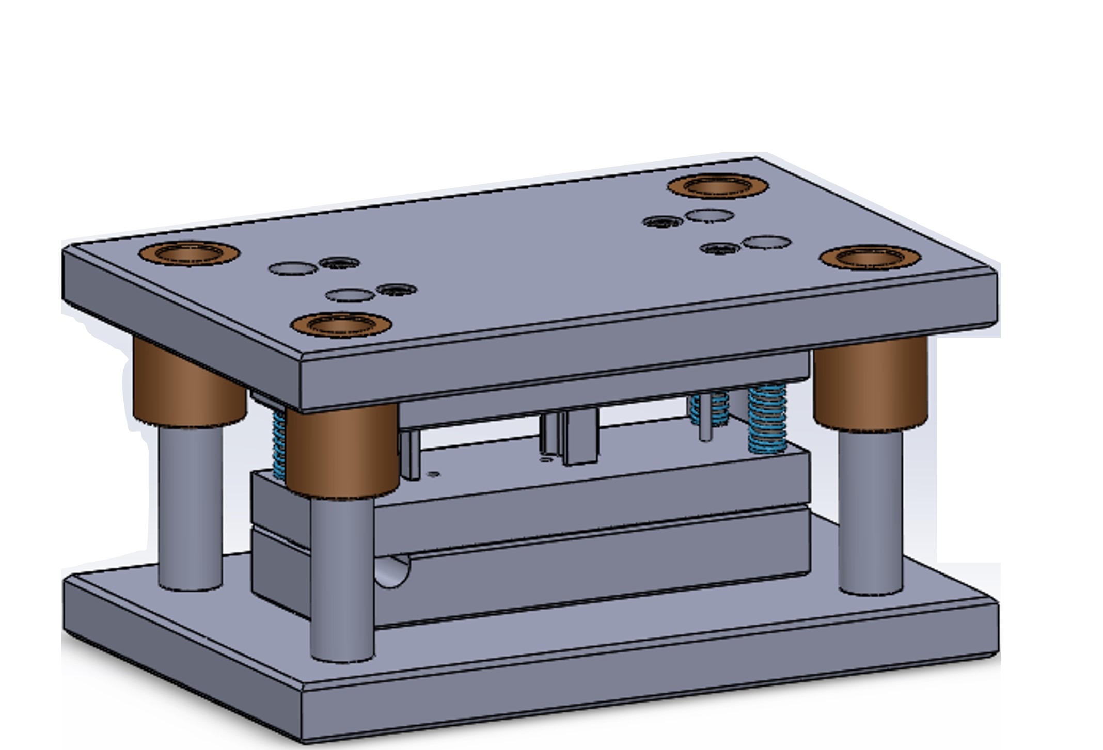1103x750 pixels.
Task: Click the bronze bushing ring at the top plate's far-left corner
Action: (190, 253)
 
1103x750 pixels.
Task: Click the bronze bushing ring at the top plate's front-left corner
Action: (341, 325)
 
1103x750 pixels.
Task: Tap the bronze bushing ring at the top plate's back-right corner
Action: (718, 186)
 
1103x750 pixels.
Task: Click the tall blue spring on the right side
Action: (767, 418)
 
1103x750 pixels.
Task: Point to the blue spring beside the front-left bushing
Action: (279, 444)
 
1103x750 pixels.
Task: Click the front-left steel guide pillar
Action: (342, 578)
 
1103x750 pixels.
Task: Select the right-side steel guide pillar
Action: (871, 511)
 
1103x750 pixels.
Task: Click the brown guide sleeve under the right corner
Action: (871, 382)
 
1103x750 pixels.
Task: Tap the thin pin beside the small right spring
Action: (705, 418)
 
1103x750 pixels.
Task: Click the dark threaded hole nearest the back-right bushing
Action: (663, 222)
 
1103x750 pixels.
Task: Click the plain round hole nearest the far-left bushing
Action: (293, 268)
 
